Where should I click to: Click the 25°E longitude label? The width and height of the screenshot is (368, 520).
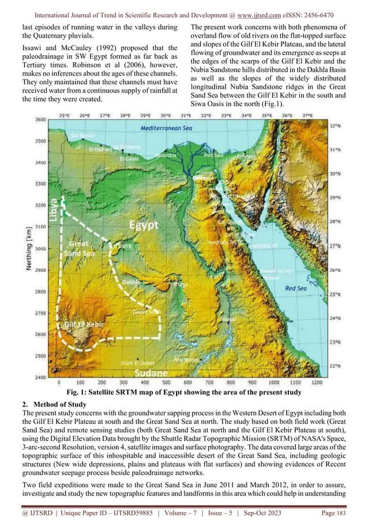pyautogui.click(x=66, y=115)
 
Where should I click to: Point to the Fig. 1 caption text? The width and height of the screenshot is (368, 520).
pyautogui.click(x=184, y=393)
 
